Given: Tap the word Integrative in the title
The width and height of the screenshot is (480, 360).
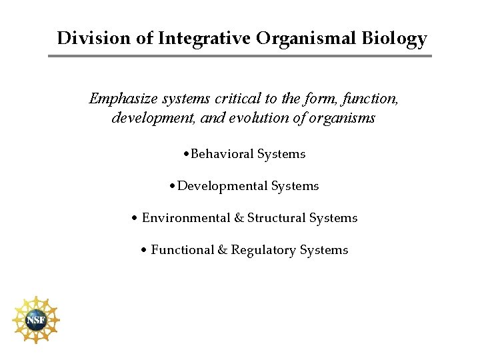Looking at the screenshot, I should point(203,38).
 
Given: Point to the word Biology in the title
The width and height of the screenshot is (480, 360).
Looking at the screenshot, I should point(396,38).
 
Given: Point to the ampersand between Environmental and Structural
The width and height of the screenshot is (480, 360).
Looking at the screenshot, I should point(237,218).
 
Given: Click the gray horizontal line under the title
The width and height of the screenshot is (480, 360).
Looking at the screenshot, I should point(240,55).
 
